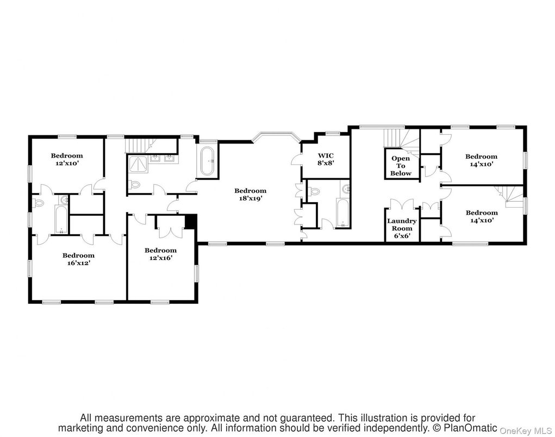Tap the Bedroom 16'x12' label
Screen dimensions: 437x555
click(x=78, y=259)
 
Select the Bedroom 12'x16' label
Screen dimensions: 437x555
click(x=160, y=254)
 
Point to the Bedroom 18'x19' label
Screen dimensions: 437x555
click(x=250, y=194)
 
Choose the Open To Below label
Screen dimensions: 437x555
click(x=401, y=166)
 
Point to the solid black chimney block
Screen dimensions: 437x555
click(x=190, y=222)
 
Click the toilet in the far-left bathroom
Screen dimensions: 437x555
click(x=38, y=203)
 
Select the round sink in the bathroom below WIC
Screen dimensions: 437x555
click(x=346, y=189)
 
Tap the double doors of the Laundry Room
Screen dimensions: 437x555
click(x=402, y=205)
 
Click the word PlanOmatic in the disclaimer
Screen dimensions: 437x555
click(x=470, y=428)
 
